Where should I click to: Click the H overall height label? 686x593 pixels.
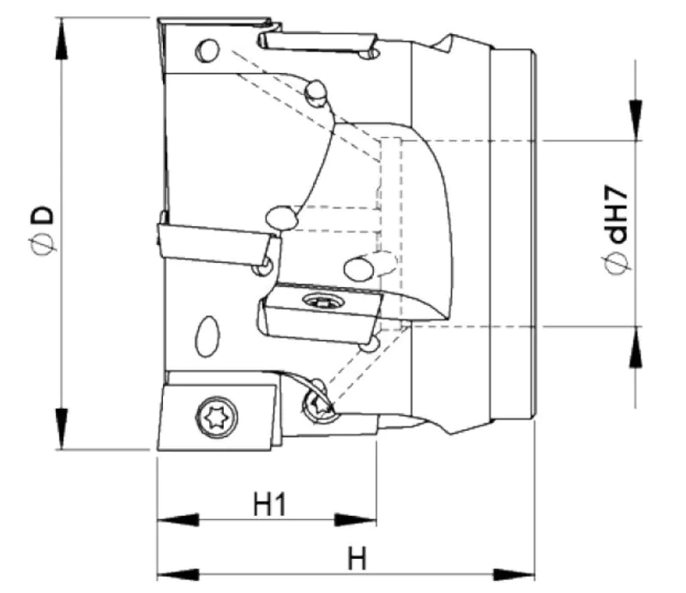point(357,559)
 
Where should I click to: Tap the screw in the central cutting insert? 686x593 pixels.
point(322,301)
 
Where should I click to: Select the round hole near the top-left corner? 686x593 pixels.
point(206,50)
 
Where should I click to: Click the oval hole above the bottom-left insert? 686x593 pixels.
point(207,337)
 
